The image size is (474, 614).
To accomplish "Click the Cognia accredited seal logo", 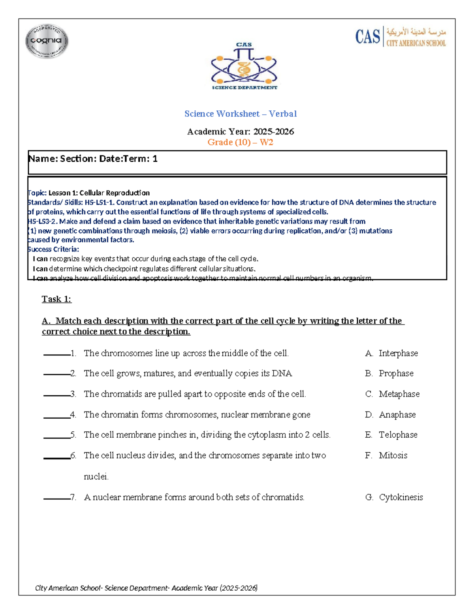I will [47, 41].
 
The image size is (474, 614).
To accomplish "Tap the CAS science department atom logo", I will [244, 66].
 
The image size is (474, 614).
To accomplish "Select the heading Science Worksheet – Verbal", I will [241, 114].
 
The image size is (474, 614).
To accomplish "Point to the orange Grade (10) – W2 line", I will [240, 142].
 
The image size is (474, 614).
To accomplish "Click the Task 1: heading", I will [56, 299].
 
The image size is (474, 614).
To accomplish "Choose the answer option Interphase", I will [398, 353].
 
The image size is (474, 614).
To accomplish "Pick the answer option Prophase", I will [396, 374].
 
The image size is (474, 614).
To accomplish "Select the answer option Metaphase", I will [399, 394].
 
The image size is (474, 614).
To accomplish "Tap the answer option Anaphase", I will [397, 415].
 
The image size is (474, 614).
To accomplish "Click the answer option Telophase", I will [398, 435].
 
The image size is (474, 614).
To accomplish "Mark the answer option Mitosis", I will [393, 455].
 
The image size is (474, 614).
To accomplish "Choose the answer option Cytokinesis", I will [401, 497].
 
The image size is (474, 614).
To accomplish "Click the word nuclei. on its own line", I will [96, 477].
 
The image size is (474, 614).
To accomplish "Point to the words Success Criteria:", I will [53, 249].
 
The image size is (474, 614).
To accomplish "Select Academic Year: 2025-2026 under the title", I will [240, 132].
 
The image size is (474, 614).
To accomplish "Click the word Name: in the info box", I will [43, 159].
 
